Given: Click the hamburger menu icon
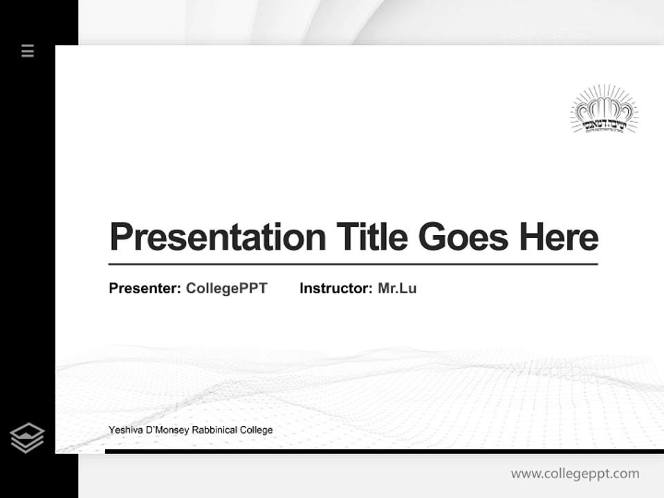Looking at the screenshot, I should click(x=28, y=50).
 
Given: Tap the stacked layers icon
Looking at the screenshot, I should click(x=27, y=438).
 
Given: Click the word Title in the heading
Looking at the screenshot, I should click(x=372, y=237).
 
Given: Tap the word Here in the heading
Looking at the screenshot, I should click(x=559, y=237).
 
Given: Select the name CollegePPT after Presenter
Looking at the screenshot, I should click(x=226, y=288).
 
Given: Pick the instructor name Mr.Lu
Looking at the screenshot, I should click(x=397, y=288).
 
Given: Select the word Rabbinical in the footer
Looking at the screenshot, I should click(x=214, y=430).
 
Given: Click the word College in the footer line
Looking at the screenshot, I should click(x=256, y=430).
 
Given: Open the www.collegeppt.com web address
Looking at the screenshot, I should click(x=575, y=474).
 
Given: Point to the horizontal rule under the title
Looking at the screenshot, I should click(x=353, y=264).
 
